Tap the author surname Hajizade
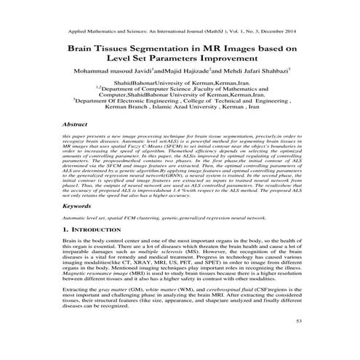click(183, 73)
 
